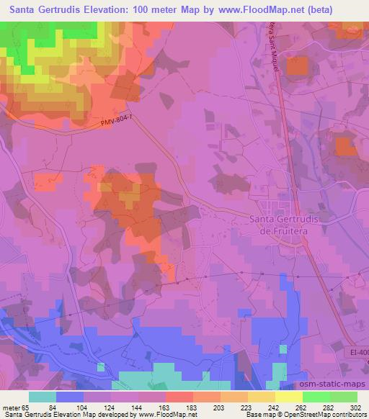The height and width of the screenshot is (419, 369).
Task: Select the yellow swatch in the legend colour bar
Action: click(x=289, y=397)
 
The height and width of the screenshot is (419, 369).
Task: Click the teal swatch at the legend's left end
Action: click(x=42, y=397)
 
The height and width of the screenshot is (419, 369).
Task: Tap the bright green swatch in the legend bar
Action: click(x=316, y=397)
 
